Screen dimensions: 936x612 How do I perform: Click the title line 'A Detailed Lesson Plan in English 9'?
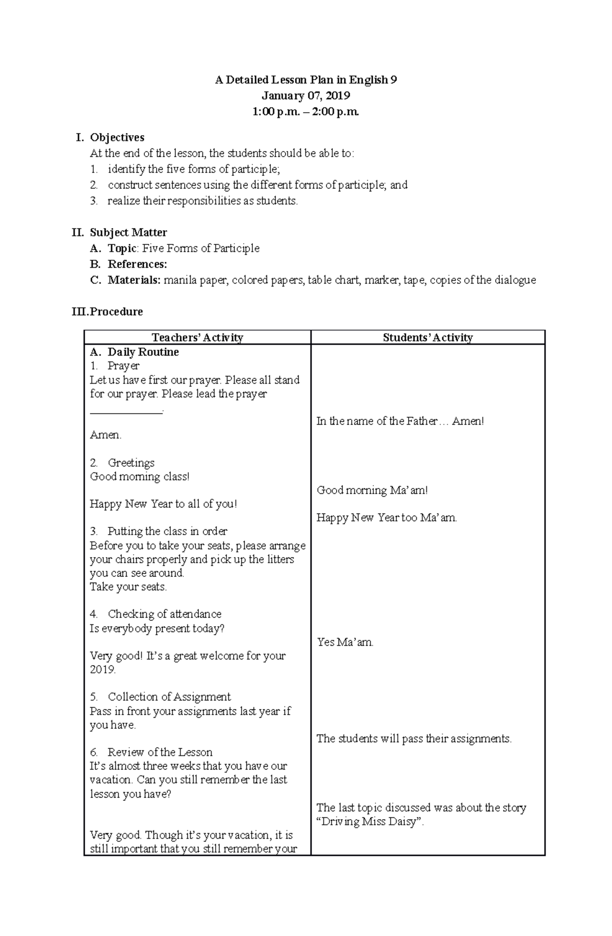pyautogui.click(x=305, y=80)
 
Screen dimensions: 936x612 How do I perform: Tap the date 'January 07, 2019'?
pyautogui.click(x=305, y=96)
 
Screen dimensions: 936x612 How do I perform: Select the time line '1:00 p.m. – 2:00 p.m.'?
pyautogui.click(x=305, y=112)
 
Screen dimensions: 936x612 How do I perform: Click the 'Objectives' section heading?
pyautogui.click(x=117, y=137)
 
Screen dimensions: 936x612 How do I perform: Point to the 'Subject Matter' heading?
pyautogui.click(x=128, y=233)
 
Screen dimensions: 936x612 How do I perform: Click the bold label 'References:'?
pyautogui.click(x=137, y=264)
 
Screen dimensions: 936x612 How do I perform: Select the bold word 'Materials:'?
pyautogui.click(x=134, y=280)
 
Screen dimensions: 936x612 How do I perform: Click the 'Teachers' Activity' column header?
pyautogui.click(x=197, y=337)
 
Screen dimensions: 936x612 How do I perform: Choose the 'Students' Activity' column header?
pyautogui.click(x=427, y=337)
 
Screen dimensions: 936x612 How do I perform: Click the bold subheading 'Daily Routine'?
pyautogui.click(x=143, y=352)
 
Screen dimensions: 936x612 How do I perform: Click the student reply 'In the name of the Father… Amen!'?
pyautogui.click(x=400, y=421)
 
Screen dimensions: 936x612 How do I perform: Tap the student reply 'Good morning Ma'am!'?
pyautogui.click(x=372, y=490)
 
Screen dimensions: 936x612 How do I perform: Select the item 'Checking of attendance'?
pyautogui.click(x=164, y=614)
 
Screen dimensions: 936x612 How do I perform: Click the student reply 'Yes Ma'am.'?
pyautogui.click(x=345, y=642)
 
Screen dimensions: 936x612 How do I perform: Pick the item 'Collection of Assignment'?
pyautogui.click(x=169, y=697)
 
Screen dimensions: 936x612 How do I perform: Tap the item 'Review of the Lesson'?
pyautogui.click(x=160, y=752)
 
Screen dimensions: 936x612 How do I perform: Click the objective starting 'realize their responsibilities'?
pyautogui.click(x=202, y=201)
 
